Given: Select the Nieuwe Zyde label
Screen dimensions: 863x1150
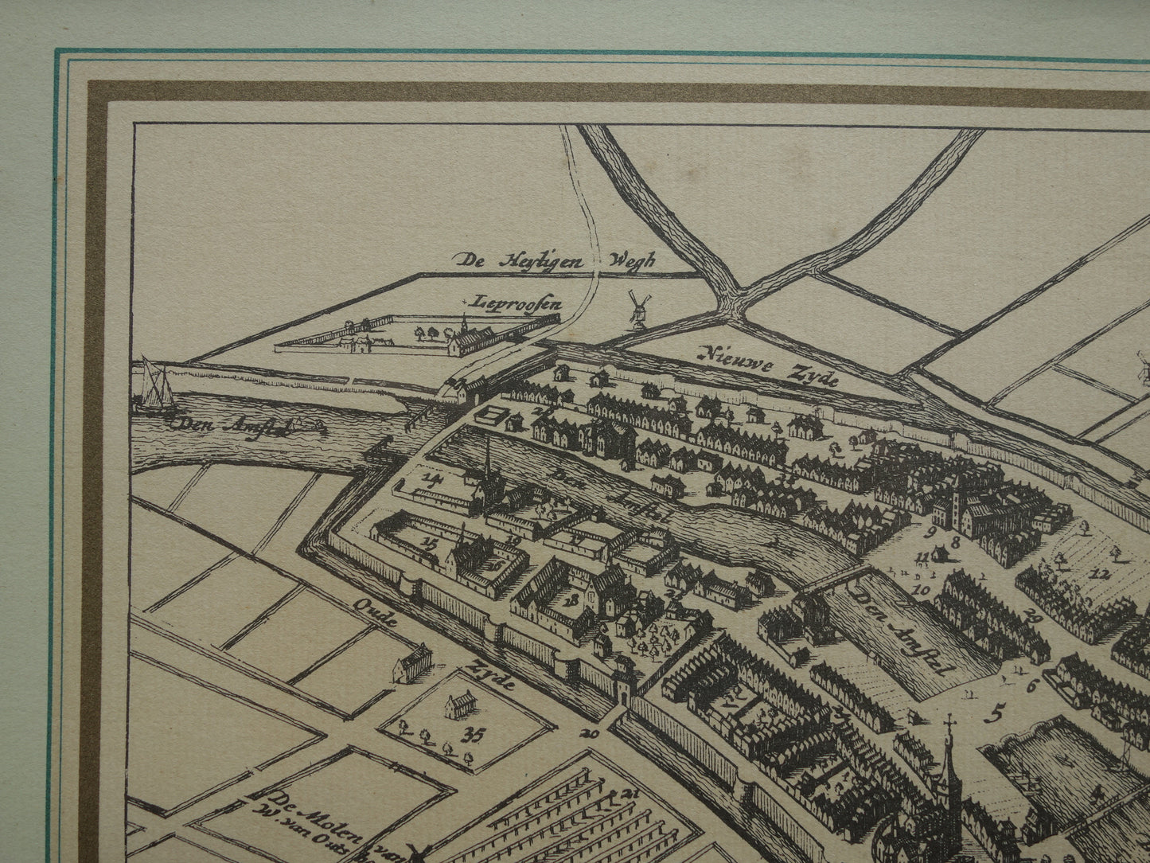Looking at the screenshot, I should point(769,364).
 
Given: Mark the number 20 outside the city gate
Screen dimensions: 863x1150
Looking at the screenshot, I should point(590,733).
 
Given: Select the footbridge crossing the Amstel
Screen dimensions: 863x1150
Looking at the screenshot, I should point(830,580).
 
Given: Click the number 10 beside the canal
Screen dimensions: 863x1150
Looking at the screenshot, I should point(922,590).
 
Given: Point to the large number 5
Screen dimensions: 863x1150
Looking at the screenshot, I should point(999,707).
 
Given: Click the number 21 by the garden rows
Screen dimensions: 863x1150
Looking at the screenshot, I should point(632,794).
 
